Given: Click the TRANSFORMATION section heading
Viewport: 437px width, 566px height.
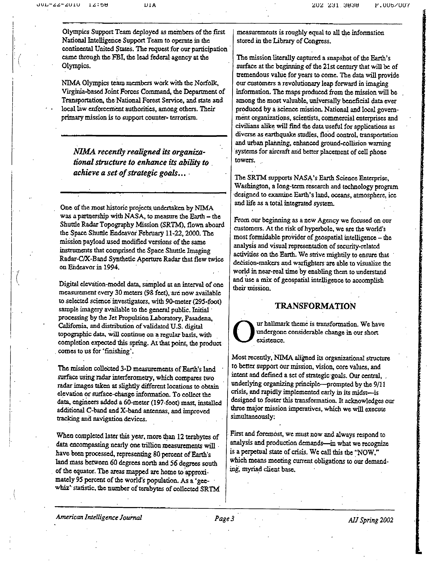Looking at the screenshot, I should (315, 306).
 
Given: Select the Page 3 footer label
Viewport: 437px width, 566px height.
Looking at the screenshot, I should (224, 519).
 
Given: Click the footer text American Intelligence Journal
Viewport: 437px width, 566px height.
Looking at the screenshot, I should (99, 517).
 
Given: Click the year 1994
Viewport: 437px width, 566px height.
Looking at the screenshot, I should (111, 267).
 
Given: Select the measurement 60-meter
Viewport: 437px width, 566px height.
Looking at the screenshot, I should (141, 403).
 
